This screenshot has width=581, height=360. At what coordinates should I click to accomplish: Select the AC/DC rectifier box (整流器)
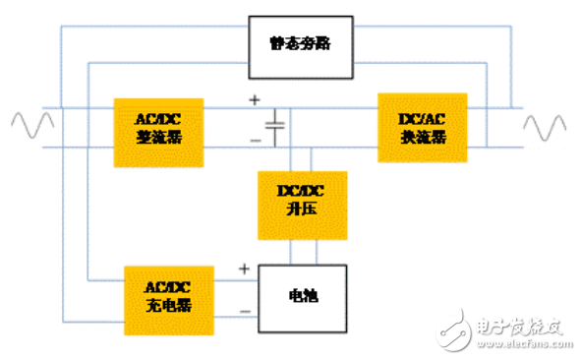(x=158, y=129)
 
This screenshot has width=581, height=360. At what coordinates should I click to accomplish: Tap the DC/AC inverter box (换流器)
(x=423, y=128)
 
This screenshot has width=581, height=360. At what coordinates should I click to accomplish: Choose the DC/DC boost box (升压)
(x=302, y=206)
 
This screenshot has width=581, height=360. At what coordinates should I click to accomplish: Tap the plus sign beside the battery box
(x=244, y=268)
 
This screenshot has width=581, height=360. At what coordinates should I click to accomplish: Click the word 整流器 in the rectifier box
(x=158, y=138)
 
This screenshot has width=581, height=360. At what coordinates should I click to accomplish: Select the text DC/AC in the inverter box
(x=423, y=118)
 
